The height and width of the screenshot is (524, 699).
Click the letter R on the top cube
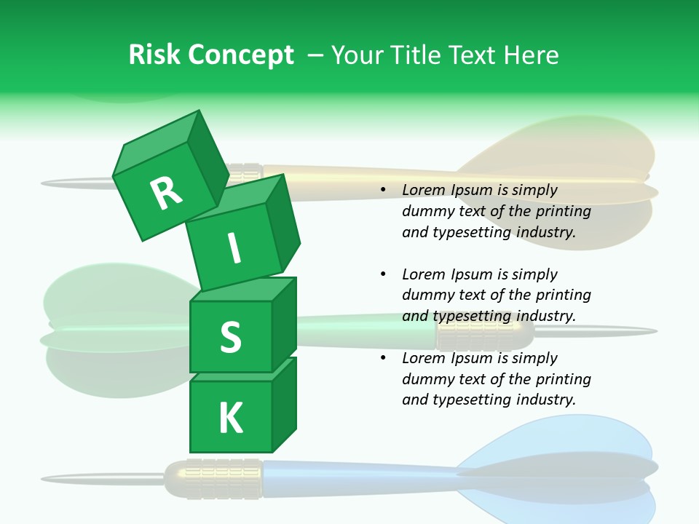[165, 193]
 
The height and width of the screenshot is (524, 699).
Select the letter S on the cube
[230, 336]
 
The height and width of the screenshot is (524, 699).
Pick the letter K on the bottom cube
[230, 418]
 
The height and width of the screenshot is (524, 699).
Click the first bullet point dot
[383, 190]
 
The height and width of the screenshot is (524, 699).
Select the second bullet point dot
[383, 274]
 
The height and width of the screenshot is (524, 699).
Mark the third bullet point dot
[383, 358]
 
